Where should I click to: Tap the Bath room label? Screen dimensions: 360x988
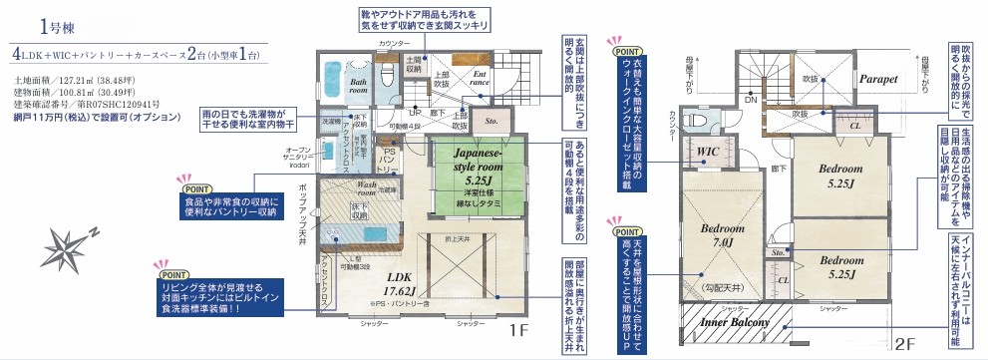[x=359, y=86]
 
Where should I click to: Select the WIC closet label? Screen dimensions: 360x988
[x=709, y=152]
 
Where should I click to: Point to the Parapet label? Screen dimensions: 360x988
[x=878, y=78]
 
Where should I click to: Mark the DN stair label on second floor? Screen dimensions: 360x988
[x=751, y=101]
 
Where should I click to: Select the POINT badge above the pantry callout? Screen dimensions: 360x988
[x=197, y=186]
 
